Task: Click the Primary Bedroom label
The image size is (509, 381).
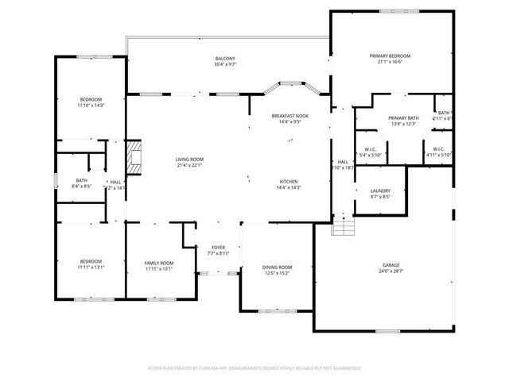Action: (x=390, y=56)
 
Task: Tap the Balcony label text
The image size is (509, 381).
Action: (x=225, y=59)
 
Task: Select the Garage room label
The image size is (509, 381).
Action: (x=390, y=265)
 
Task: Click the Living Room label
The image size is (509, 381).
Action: (x=189, y=160)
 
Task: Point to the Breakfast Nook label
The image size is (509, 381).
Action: (x=289, y=116)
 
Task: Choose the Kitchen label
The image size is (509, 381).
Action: (x=289, y=181)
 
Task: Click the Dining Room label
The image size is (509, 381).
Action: (x=277, y=267)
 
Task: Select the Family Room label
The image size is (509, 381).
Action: (x=159, y=263)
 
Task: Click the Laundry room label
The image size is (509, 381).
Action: (x=379, y=191)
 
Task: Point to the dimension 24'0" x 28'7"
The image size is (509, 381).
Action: (x=390, y=271)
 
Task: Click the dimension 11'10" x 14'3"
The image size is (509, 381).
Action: (x=91, y=106)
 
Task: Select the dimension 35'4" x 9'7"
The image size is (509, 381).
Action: (x=225, y=65)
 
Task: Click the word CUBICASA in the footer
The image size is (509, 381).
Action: (x=228, y=368)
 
